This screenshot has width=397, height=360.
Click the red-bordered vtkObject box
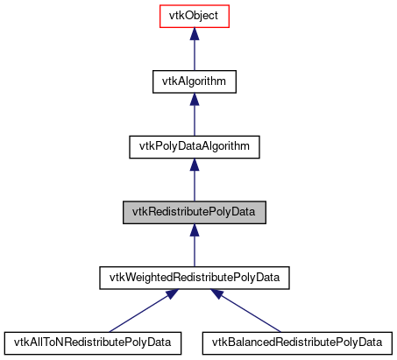pos(194,17)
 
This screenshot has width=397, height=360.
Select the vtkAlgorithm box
pos(194,81)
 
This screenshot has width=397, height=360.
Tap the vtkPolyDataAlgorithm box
pos(194,146)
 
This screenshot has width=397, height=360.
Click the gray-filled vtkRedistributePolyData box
pos(194,211)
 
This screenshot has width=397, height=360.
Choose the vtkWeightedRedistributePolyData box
pos(194,277)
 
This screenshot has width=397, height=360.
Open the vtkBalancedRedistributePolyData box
pos(298,342)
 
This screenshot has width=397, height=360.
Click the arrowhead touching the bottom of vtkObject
pos(194,36)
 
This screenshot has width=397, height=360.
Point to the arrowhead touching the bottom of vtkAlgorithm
pos(194,101)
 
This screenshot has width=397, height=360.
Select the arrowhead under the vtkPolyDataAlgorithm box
pos(194,166)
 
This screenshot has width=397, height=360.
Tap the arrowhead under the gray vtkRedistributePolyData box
pos(194,230)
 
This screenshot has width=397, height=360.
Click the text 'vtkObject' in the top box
pos(194,17)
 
